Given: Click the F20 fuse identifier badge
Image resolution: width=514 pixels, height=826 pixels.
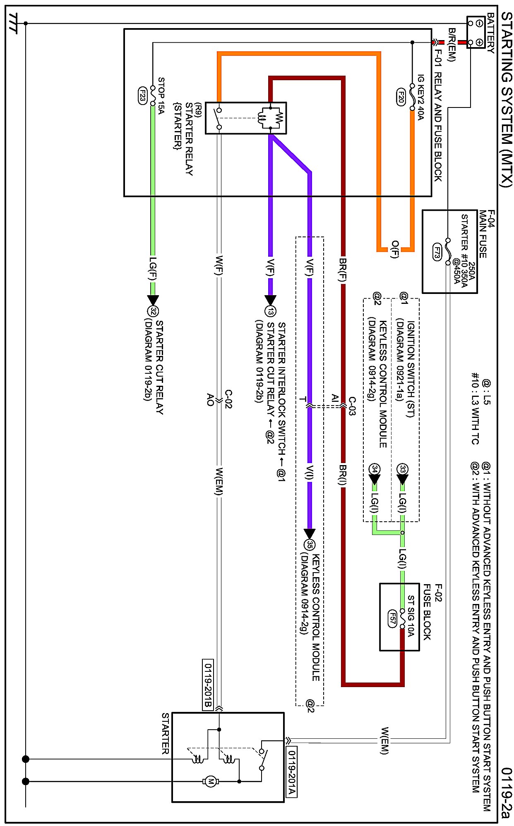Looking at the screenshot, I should coord(401,97).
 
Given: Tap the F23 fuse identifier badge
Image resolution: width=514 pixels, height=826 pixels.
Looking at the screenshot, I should coord(142,96).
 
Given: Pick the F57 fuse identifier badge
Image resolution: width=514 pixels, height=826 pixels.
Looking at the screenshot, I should coord(392,618).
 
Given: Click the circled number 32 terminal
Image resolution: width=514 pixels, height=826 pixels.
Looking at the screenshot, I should coord(153,311).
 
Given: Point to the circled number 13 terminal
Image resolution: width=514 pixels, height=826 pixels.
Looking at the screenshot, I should coord(271,311).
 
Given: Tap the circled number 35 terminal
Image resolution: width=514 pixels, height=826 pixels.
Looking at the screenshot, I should coord(310,544).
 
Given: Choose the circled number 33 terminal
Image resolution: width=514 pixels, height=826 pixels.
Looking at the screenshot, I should coord(402,469).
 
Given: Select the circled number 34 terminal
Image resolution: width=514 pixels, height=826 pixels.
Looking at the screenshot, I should coord(375,469).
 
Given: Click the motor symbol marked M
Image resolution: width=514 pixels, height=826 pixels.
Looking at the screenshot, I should coord(211,781).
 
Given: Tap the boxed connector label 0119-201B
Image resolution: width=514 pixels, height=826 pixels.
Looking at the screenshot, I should coord(208,684).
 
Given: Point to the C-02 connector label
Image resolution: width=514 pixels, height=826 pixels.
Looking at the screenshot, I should coord(228,399).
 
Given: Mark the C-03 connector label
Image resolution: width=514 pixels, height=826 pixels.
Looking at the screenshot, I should coord(352,406).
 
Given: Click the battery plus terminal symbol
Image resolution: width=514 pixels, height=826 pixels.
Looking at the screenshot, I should coord(479,42).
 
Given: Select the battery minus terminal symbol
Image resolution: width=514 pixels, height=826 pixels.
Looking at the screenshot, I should coord(479,23).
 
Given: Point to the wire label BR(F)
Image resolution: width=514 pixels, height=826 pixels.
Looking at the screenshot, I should coord(343,270).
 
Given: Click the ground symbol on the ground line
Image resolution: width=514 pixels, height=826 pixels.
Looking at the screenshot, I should coord(14,23).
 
